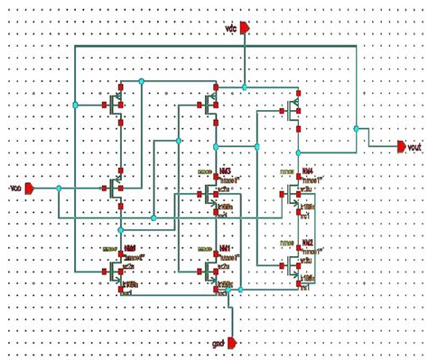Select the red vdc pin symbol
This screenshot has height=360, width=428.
tap(245, 28)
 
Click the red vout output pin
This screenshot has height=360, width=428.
tap(398, 145)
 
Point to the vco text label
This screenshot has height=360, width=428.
tap(14, 188)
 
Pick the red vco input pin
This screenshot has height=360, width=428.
tap(29, 188)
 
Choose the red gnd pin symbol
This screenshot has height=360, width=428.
tap(231, 343)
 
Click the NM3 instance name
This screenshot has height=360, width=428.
tap(224, 170)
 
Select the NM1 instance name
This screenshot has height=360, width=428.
tap(224, 245)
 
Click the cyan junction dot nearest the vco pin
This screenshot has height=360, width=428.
tap(59, 188)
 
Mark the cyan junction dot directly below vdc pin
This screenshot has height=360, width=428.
tap(245, 87)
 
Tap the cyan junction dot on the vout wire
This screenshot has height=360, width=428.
tap(358, 129)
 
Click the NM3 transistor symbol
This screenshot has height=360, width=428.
tap(210, 191)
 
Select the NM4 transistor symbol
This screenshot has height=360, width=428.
tap(294, 192)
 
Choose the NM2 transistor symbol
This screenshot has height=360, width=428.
tap(294, 265)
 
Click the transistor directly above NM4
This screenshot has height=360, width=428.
tap(294, 108)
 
